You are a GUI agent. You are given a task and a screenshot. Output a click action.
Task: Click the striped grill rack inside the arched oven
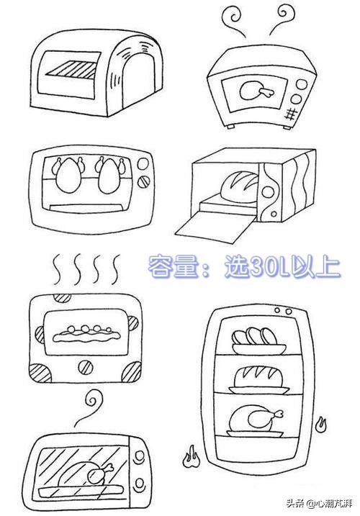point(73,70)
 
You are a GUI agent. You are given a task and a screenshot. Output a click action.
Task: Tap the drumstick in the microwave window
point(256,90)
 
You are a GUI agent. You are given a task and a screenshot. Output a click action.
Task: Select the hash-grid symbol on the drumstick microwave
point(290,114)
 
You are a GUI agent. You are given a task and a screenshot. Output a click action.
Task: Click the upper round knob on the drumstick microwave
point(301,85)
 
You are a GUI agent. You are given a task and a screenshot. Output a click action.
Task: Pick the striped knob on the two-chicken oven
point(143,182)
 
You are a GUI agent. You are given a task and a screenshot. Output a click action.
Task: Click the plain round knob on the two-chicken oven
point(143,163)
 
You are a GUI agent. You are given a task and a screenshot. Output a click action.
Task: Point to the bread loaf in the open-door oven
point(239,187)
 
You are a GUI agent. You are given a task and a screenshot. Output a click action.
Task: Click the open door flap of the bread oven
point(215,228)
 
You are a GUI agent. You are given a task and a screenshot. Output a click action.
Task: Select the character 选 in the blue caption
point(237,266)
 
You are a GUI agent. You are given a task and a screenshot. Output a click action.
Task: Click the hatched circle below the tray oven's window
point(86,366)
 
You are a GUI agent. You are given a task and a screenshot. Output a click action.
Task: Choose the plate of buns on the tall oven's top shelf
point(259,341)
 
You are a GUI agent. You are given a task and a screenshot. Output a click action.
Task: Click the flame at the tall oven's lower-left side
point(192,458)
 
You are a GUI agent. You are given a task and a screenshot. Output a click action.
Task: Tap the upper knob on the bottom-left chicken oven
point(140,456)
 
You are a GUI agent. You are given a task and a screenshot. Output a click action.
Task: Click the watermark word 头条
point(294,504)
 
